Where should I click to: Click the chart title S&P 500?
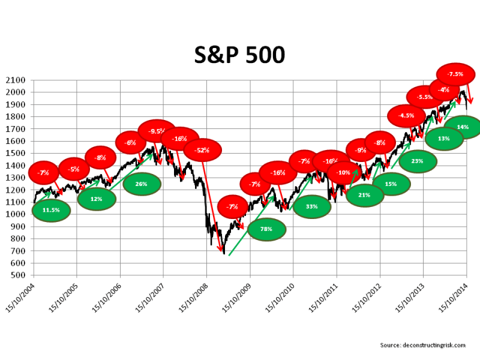tap(239, 55)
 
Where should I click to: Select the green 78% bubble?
tap(267, 229)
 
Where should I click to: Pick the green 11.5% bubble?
tap(51, 210)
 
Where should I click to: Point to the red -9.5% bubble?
tap(157, 131)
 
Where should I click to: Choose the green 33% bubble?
tap(312, 206)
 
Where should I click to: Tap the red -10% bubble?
tap(344, 173)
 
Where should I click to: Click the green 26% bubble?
tap(142, 184)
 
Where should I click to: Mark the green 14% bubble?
tap(463, 127)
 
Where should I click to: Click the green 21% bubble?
tap(365, 195)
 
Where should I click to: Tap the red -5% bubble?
tap(74, 169)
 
